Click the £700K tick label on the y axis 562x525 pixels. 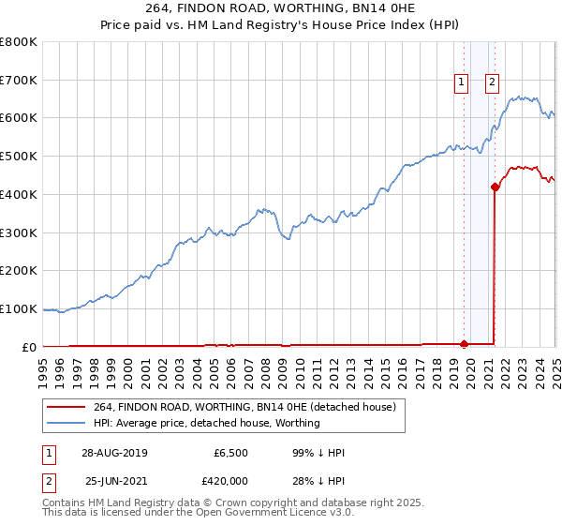19,80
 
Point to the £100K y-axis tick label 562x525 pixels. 19,308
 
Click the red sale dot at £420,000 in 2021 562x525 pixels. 494,187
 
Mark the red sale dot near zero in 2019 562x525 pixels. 464,344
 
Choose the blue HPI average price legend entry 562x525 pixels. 207,423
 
